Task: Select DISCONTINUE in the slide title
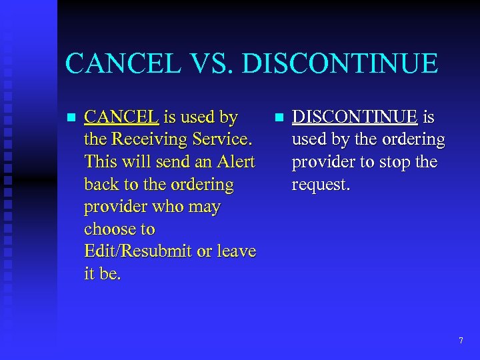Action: point(340,64)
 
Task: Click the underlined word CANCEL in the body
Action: point(121,117)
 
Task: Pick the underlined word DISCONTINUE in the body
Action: point(355,117)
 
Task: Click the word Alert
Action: point(233,162)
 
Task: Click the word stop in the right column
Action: point(403,162)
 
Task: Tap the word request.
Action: point(320,185)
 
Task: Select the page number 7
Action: point(461,341)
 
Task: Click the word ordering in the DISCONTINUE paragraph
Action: point(412,140)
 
